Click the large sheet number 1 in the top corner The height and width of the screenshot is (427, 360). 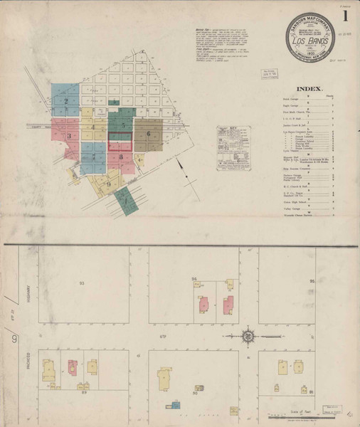click(x=345, y=15)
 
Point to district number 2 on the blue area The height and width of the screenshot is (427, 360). click(x=65, y=101)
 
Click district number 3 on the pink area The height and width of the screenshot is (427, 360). click(x=70, y=135)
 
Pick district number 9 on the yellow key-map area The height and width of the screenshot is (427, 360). click(x=107, y=183)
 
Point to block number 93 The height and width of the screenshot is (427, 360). click(x=82, y=283)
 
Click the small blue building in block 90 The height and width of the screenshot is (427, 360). click(x=174, y=405)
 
